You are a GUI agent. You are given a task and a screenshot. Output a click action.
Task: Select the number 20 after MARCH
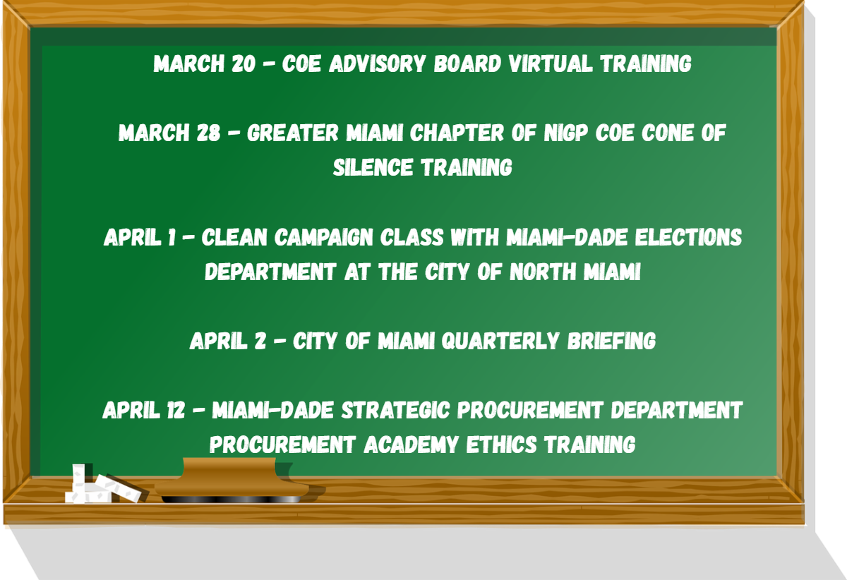244,64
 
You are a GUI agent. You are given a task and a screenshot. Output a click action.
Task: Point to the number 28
208,133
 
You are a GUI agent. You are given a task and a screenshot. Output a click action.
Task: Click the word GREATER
292,133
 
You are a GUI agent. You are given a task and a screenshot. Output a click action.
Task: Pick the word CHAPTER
457,133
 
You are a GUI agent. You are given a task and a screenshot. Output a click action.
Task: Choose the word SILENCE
373,167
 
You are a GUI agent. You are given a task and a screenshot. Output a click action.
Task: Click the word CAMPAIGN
324,238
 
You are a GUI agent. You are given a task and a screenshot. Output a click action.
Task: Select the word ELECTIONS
688,238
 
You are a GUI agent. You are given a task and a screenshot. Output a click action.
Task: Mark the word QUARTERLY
500,341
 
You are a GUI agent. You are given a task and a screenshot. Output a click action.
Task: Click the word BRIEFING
611,341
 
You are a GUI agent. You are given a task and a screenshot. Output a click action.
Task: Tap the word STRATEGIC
395,410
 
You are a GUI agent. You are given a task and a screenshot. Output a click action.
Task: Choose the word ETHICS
501,445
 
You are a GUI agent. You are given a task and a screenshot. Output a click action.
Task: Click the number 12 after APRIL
176,410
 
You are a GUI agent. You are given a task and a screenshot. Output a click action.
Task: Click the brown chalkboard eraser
232,481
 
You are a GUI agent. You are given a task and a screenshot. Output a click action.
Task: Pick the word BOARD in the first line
467,64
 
